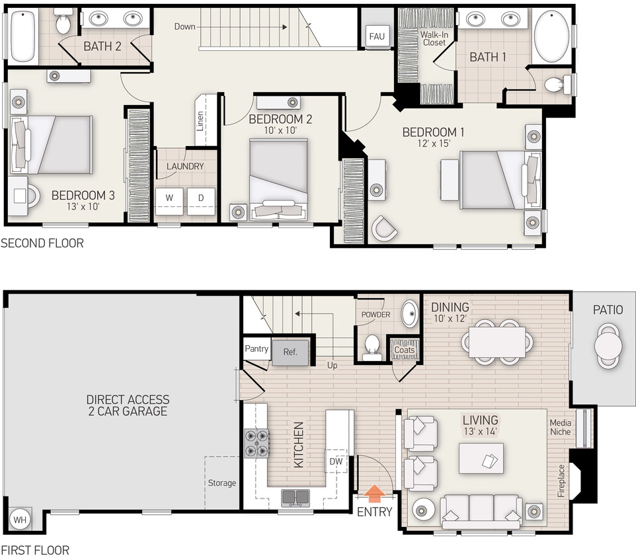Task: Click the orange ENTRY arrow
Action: pos(375,493)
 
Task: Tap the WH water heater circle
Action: pos(20,519)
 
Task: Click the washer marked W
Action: pos(169,198)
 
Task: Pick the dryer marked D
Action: pos(201,198)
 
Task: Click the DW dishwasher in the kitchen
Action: pos(337,461)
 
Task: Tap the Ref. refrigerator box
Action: pos(290,352)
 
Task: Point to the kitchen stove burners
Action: pos(257,443)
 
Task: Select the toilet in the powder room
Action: pos(373,344)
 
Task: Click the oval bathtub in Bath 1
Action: pos(552,37)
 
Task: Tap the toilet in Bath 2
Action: pos(63,24)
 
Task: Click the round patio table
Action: pos(607,344)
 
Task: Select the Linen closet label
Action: pos(200,121)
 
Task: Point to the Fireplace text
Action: pos(561,481)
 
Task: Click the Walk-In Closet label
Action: pos(434,38)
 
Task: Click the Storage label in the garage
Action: pos(221,483)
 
